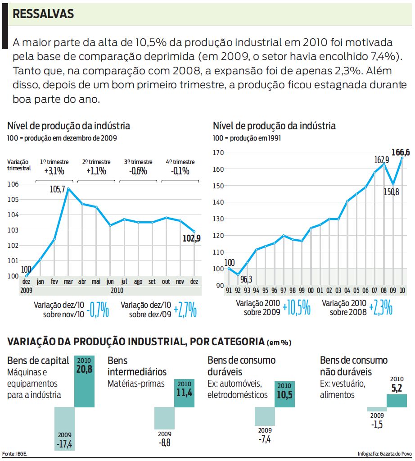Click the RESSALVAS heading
[x=43, y=14]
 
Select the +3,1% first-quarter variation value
[x=54, y=171]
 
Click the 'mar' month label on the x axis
[x=68, y=282]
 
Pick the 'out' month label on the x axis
[x=166, y=282]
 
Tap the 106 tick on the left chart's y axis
[x=14, y=184]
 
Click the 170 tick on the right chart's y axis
[x=219, y=152]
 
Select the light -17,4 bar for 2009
[x=64, y=429]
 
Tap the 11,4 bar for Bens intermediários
[x=184, y=393]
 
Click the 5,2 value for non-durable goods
[x=397, y=388]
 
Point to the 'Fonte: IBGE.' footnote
[x=15, y=453]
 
